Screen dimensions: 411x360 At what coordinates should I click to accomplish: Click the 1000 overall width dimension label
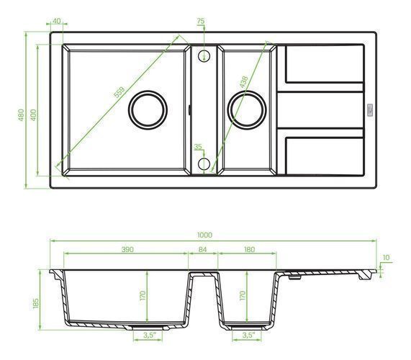pos(204,235)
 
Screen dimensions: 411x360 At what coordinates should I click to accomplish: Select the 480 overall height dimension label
pos(21,115)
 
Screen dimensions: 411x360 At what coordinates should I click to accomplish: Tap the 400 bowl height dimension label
pos(33,115)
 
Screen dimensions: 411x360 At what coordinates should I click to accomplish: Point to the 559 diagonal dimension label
pos(119,92)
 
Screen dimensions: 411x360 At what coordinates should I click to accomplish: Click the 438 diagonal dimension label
pos(243,82)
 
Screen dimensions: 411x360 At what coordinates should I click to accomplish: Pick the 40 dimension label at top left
pos(56,21)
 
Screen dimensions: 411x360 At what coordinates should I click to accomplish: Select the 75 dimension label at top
pos(201,21)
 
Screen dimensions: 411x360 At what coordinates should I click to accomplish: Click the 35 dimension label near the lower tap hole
pos(198,147)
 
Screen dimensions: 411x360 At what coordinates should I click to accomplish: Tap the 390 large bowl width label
pos(127,249)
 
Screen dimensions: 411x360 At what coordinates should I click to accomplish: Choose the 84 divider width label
pos(202,249)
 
